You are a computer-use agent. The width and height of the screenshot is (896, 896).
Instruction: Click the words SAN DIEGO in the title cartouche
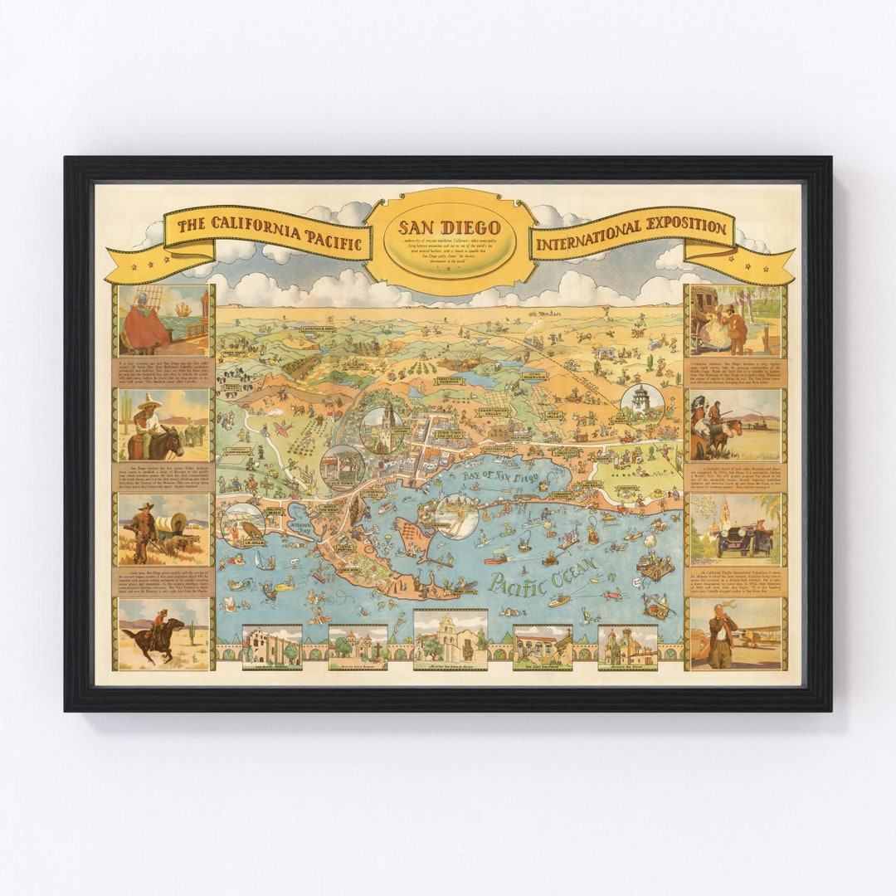tap(449, 227)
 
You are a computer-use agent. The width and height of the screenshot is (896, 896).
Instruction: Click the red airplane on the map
tap(285, 429)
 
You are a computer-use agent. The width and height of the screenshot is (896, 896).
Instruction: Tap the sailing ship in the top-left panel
tap(183, 309)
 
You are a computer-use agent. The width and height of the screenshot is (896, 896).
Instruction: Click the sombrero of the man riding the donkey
tap(150, 402)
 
